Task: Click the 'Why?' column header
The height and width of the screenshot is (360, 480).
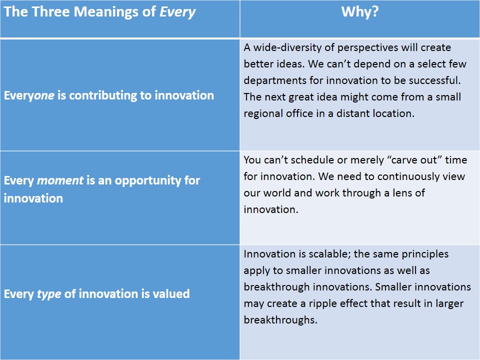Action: tap(359, 12)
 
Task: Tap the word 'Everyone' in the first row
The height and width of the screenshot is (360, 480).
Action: tap(28, 95)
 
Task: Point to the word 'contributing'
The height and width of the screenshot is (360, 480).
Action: tap(100, 95)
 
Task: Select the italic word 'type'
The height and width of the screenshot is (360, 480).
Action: tap(49, 293)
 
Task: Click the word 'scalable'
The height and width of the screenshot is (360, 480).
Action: tap(329, 254)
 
